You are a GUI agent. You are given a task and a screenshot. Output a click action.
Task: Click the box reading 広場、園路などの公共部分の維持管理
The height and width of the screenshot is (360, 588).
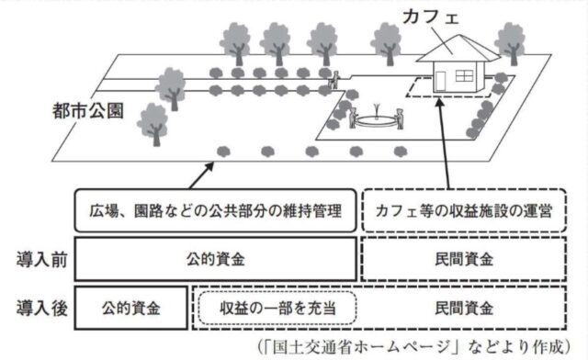(212, 210)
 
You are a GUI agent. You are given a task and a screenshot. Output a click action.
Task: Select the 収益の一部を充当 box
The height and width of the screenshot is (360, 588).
(276, 306)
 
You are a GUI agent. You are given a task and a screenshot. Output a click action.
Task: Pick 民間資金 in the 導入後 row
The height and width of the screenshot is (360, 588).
(469, 306)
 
